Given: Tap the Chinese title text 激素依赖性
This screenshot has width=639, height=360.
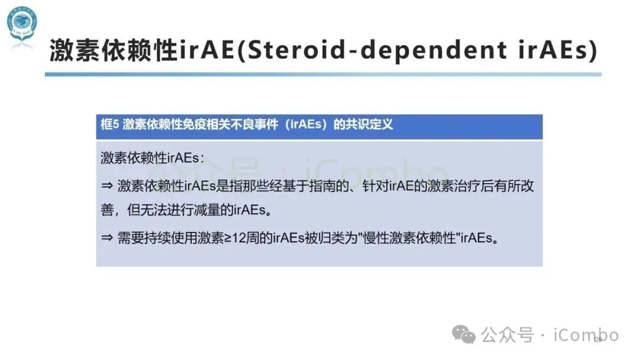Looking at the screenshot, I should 113,51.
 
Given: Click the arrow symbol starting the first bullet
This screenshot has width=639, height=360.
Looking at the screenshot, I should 106,186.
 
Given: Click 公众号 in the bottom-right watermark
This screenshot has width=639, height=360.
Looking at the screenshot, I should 507,335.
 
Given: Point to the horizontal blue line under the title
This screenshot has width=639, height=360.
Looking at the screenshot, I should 323,75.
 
